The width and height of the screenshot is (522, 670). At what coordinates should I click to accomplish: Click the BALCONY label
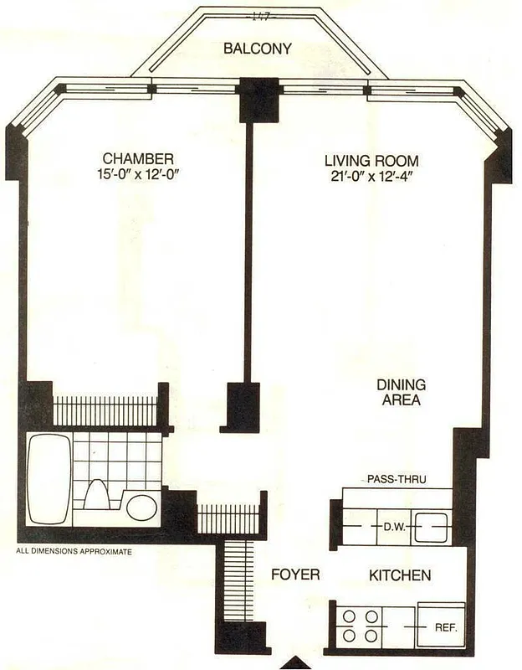click(257, 49)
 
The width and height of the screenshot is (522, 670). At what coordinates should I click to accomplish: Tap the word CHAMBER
click(138, 159)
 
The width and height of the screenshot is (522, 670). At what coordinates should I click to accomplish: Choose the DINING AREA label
click(401, 392)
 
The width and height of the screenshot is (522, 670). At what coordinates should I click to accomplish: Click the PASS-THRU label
click(397, 479)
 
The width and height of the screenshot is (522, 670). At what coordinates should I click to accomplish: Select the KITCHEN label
click(400, 575)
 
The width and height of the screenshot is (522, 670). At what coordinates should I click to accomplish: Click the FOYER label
click(297, 575)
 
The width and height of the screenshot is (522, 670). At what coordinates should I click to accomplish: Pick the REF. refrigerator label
click(443, 626)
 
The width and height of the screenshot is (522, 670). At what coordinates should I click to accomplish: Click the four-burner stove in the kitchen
click(360, 625)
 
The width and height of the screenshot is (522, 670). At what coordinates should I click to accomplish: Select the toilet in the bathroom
click(95, 495)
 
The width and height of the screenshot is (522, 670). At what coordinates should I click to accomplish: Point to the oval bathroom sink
click(142, 507)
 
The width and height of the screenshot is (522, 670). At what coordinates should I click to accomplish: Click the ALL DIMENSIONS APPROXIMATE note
click(74, 552)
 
